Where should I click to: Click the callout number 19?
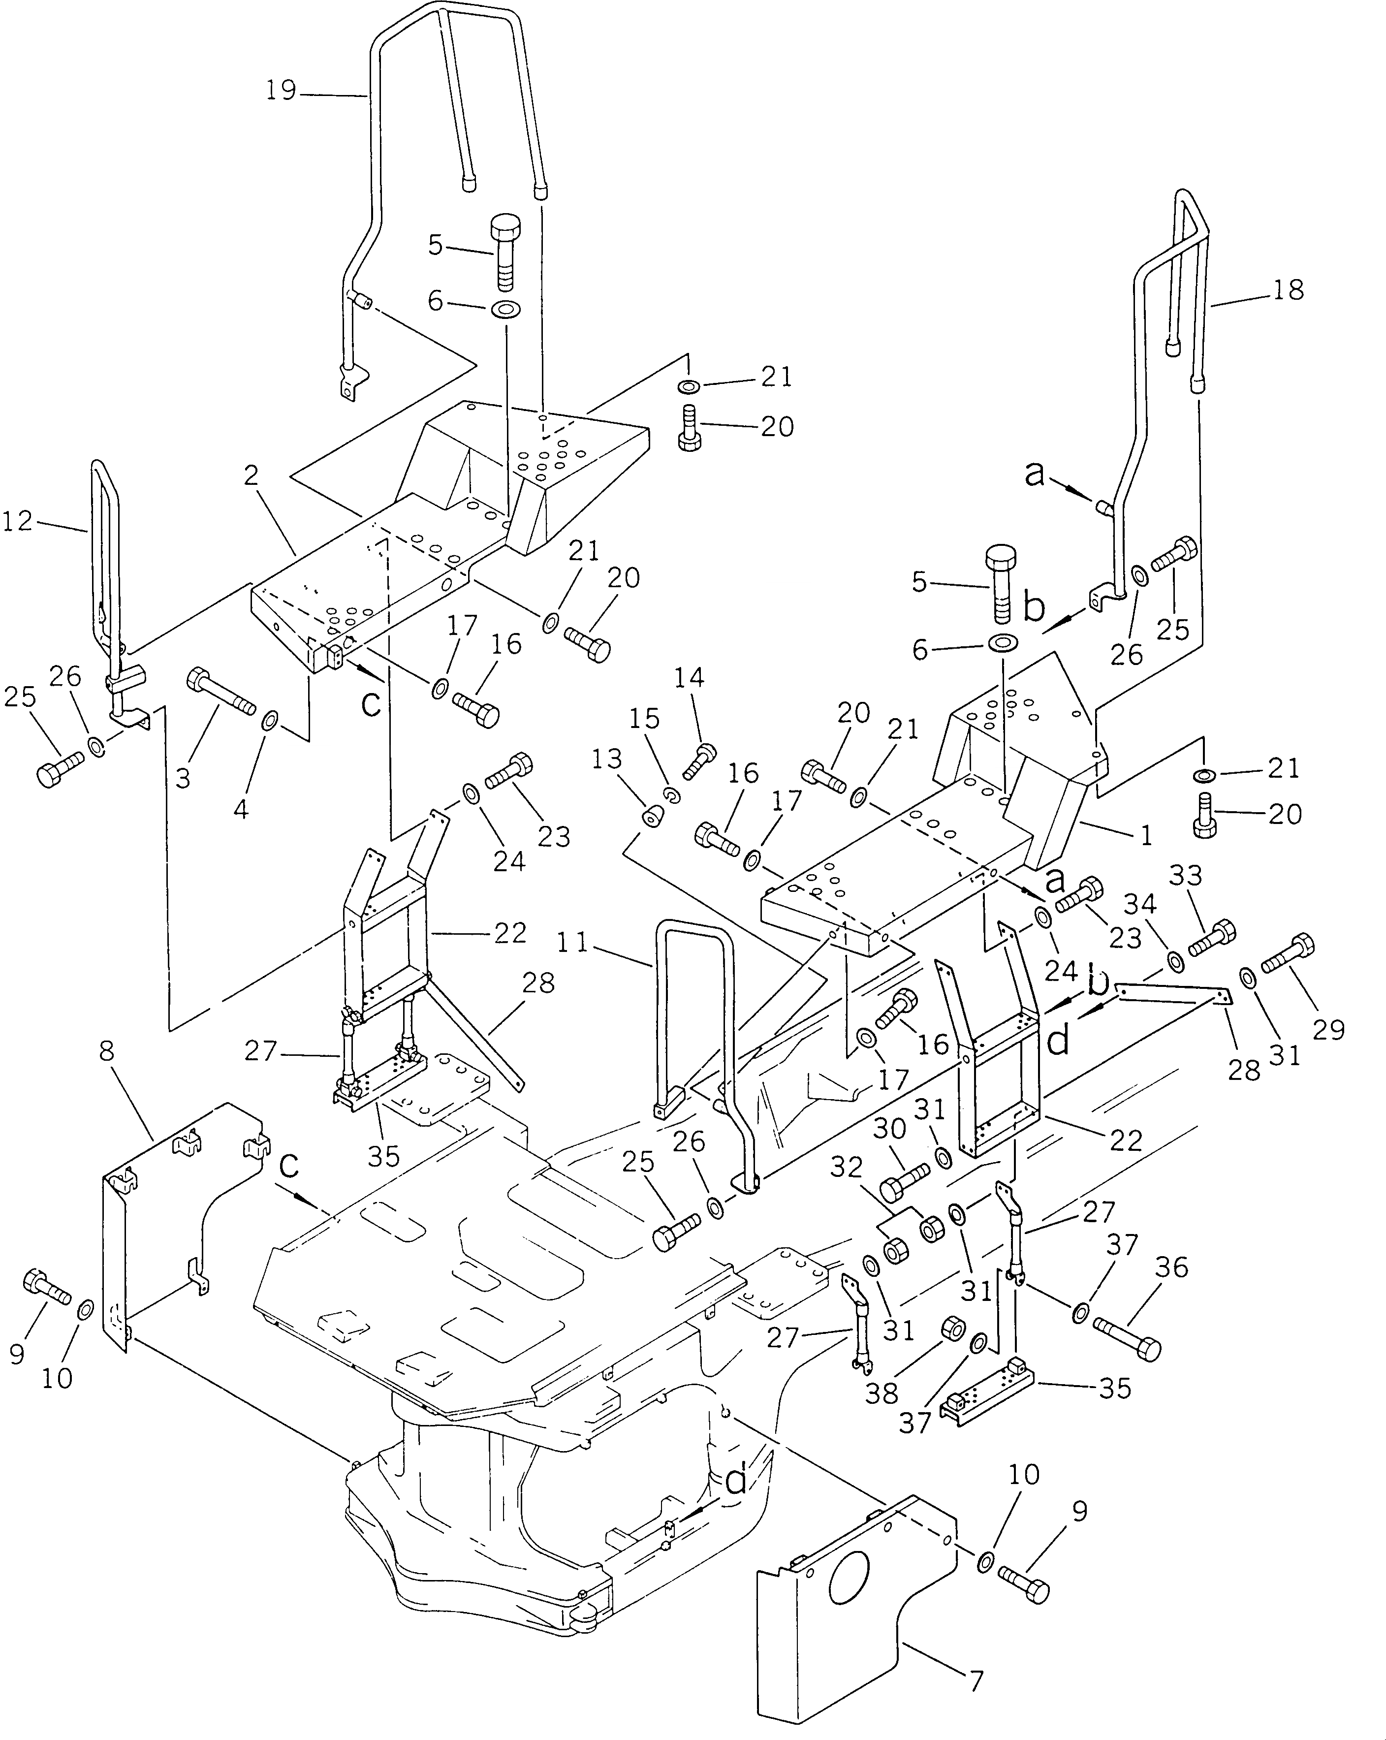(282, 91)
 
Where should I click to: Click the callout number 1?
(1145, 836)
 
